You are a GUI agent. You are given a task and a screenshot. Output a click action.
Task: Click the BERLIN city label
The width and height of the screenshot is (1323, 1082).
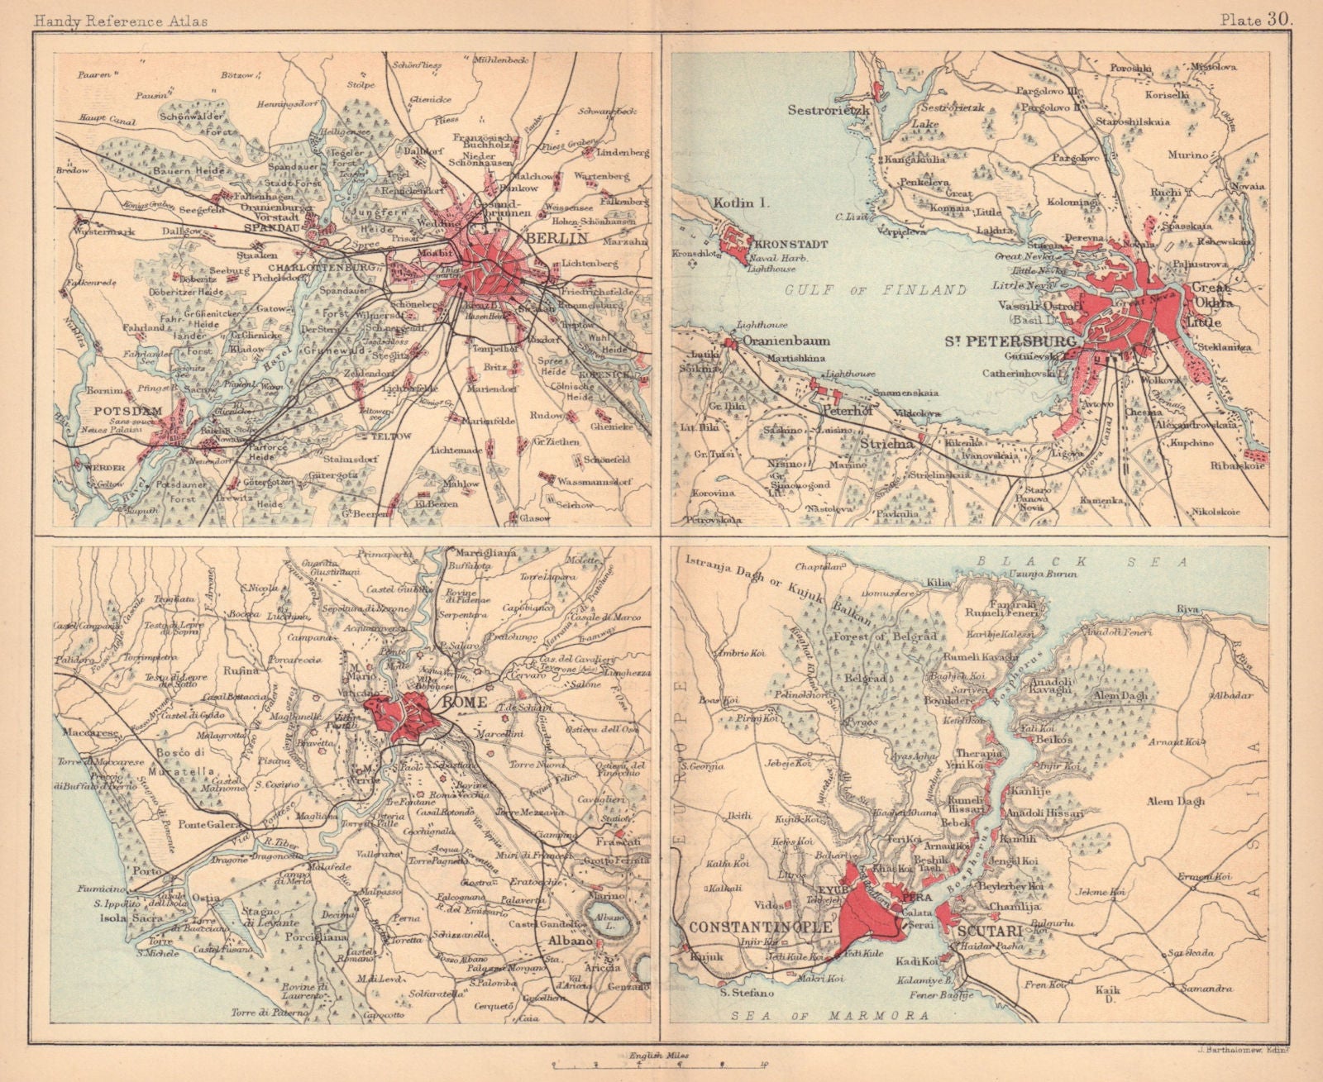tap(555, 238)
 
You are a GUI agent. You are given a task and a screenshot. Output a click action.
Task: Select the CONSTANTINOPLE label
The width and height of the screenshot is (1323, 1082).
tap(753, 927)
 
